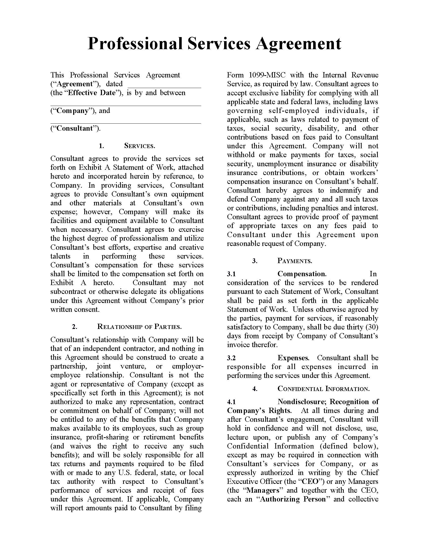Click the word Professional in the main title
point(135,44)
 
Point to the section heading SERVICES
point(140,146)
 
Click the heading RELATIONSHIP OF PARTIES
point(139,327)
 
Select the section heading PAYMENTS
point(295,261)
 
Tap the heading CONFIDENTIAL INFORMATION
point(324,388)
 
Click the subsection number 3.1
point(231,274)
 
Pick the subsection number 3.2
point(231,358)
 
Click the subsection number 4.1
point(231,402)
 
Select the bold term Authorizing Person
point(293,499)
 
